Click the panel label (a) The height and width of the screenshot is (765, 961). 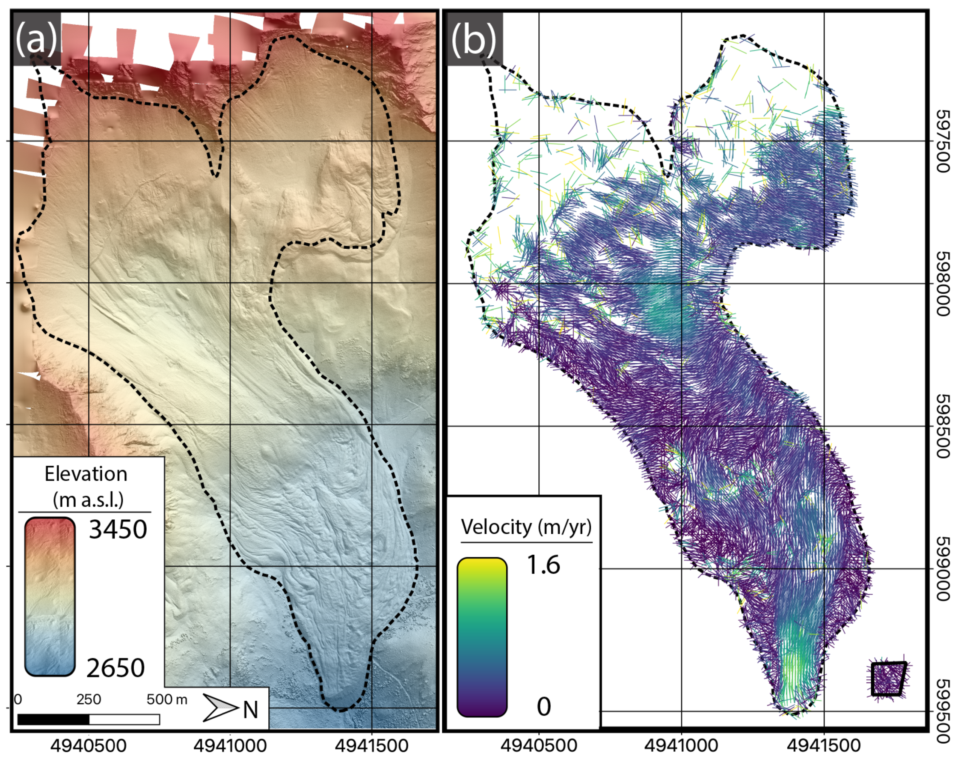click(36, 39)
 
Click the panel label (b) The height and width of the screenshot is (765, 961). click(473, 39)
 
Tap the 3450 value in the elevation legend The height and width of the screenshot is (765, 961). click(118, 530)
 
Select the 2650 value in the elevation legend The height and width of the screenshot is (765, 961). click(116, 668)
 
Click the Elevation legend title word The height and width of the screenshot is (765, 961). click(86, 474)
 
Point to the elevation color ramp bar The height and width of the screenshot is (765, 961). click(50, 596)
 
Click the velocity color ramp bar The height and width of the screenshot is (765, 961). click(482, 637)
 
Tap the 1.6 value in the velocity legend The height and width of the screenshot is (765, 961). click(543, 565)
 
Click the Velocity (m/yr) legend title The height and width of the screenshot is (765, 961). click(526, 527)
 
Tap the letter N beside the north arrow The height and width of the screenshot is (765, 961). click(250, 709)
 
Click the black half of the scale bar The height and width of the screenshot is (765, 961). click(53, 719)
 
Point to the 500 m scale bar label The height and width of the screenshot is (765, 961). click(167, 700)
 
